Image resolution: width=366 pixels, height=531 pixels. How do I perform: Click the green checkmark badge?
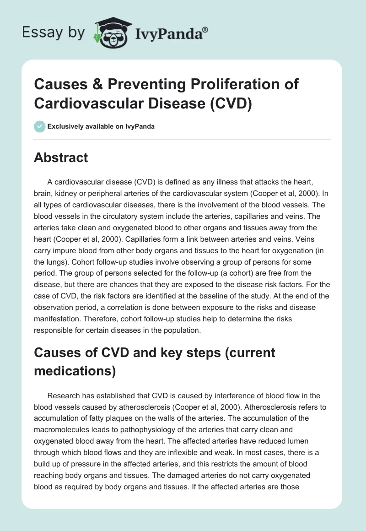[x=40, y=126]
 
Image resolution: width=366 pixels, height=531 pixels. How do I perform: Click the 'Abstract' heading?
[x=61, y=158]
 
